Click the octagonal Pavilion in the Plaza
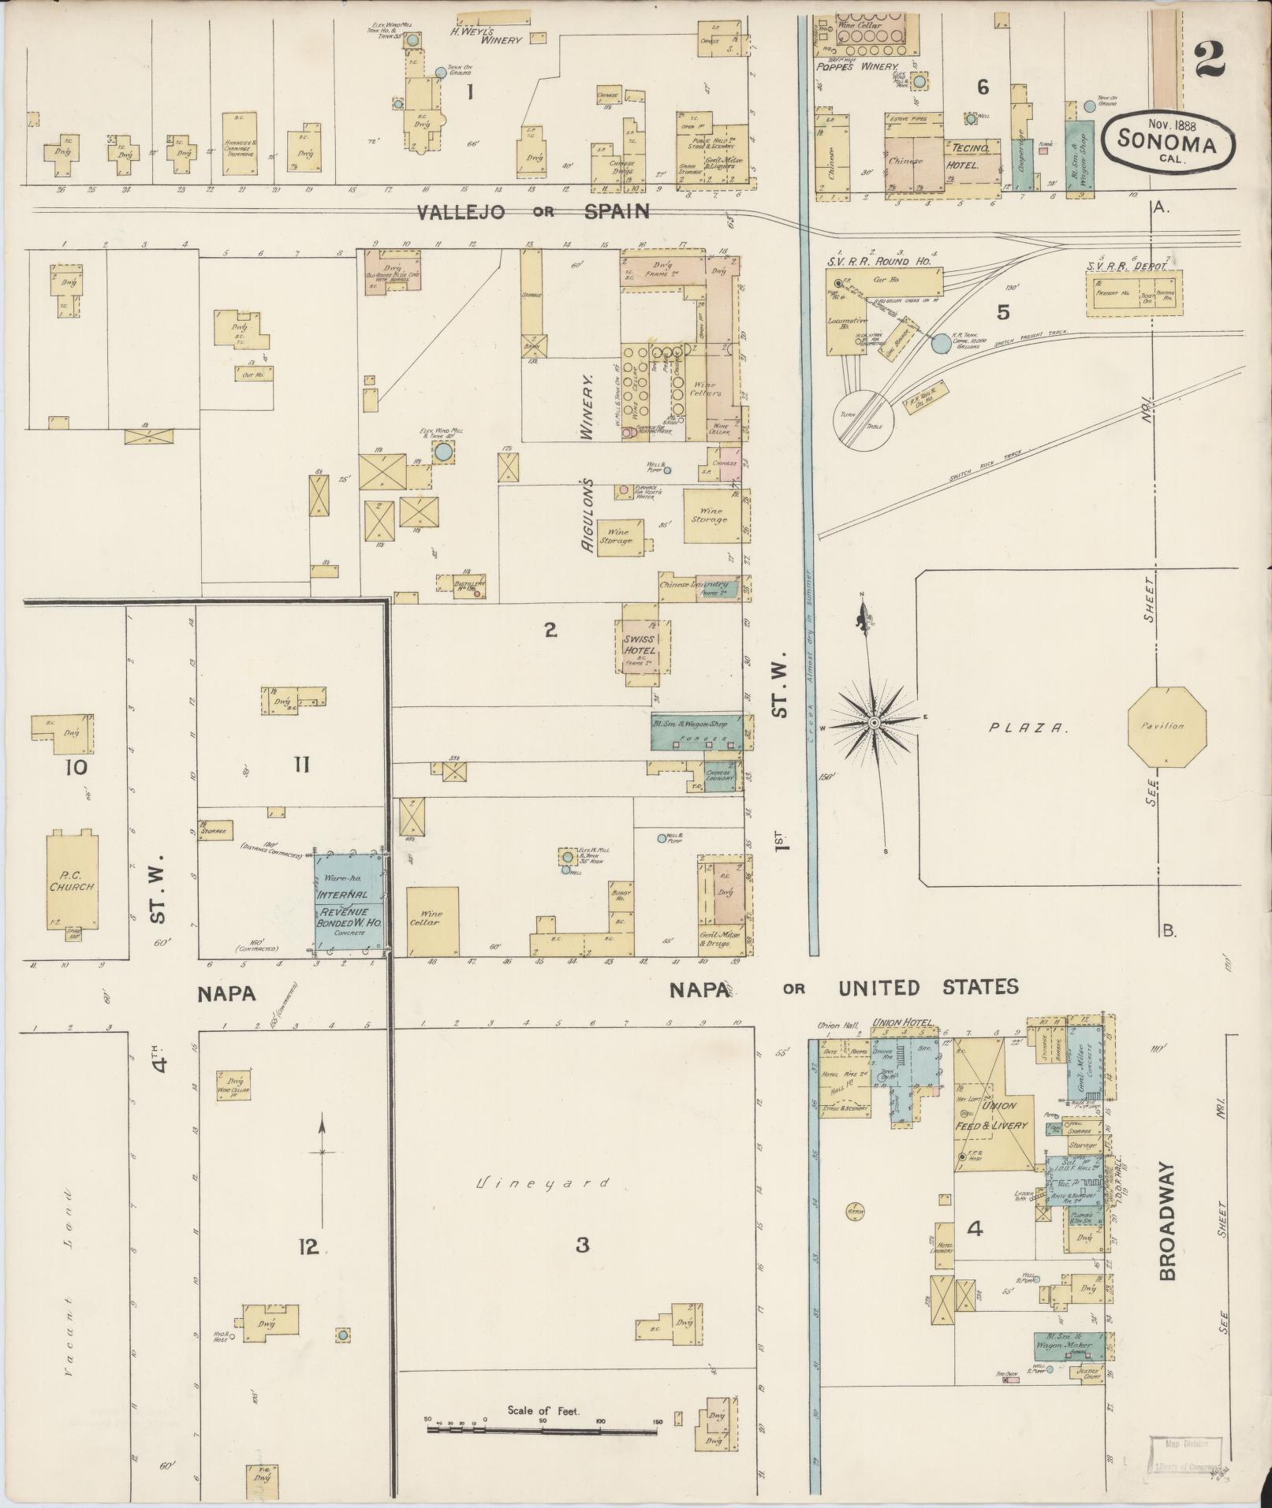point(1166,726)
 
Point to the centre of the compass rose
point(874,722)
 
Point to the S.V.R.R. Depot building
point(1134,293)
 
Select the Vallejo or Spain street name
point(533,211)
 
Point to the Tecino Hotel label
point(975,156)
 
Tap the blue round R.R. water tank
point(941,343)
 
